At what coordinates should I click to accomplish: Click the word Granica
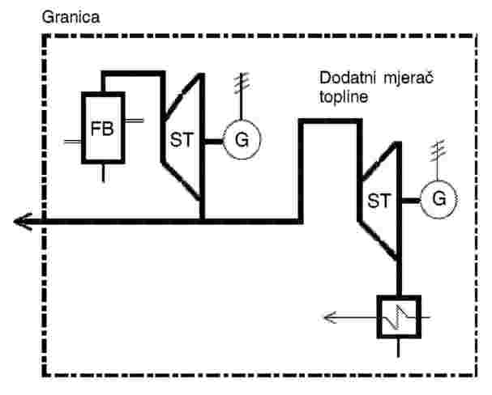click(71, 18)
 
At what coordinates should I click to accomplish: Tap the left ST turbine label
click(182, 140)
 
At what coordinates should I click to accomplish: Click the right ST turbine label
click(379, 201)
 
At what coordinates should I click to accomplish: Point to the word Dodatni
click(347, 78)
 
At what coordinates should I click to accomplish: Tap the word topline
click(344, 97)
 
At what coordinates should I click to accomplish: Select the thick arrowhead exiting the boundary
click(23, 222)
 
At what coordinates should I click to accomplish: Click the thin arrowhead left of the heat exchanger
click(330, 317)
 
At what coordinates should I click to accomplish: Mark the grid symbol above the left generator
click(242, 84)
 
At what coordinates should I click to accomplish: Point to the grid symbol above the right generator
click(438, 151)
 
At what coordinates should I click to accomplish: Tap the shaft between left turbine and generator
click(214, 142)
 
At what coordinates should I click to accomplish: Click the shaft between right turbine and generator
click(411, 201)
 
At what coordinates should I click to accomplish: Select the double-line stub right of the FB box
click(135, 121)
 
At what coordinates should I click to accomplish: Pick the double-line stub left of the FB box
click(72, 142)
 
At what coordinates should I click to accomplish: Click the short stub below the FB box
click(104, 172)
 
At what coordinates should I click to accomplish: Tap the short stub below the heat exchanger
click(399, 348)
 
